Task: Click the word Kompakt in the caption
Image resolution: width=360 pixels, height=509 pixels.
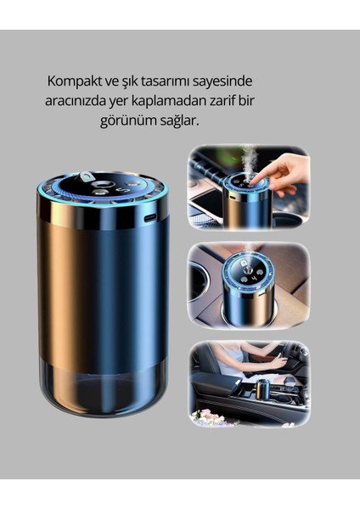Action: click(x=74, y=81)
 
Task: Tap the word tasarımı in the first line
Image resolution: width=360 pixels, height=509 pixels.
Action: click(x=174, y=81)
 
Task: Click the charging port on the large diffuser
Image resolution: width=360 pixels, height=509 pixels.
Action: click(x=151, y=217)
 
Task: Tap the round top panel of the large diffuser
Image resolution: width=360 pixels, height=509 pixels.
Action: click(x=102, y=188)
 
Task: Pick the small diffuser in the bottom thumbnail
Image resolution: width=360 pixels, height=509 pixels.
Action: click(x=263, y=389)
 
